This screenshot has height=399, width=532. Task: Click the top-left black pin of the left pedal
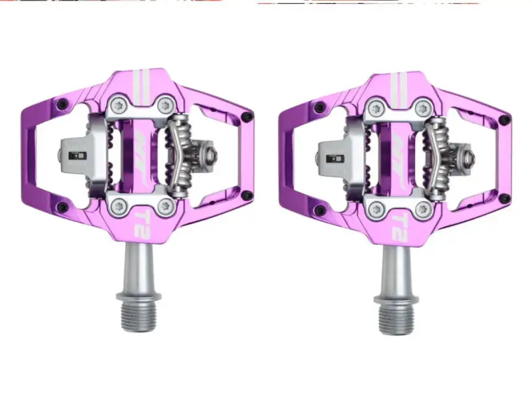click(63, 104)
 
